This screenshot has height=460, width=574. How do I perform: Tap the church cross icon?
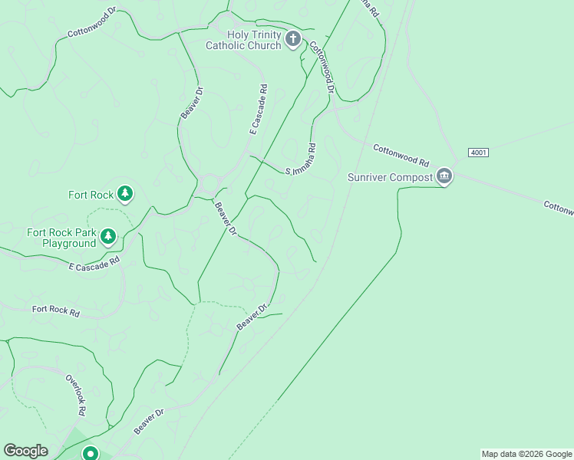point(292,40)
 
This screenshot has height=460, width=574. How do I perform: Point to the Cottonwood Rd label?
point(401,155)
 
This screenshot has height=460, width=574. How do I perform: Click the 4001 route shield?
point(477,153)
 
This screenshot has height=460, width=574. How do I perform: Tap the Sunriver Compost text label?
point(390,177)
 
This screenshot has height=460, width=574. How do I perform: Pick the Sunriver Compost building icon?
point(444,177)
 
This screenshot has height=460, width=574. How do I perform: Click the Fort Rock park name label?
point(91,195)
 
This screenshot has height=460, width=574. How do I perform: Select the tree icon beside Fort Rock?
point(125,195)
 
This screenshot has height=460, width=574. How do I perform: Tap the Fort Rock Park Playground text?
point(61,238)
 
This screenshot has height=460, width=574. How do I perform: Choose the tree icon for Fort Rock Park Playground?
point(109,236)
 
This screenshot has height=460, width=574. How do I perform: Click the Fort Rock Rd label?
point(56,312)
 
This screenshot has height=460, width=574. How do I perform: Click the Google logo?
point(25,451)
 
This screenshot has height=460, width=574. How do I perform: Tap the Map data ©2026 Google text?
point(526,454)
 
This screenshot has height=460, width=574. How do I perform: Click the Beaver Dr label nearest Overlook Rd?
point(149,422)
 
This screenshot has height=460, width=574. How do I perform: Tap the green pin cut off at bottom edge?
point(91,453)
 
